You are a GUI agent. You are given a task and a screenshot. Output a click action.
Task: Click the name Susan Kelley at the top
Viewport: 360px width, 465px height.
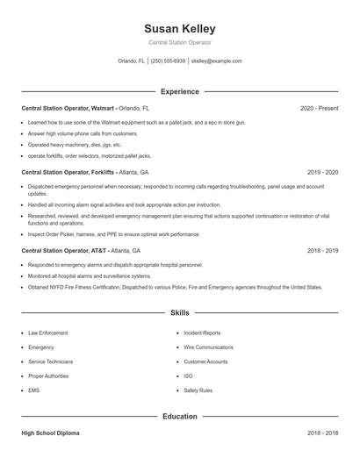tap(179, 29)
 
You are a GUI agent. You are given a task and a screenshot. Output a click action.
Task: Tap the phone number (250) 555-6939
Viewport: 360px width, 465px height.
tap(168, 61)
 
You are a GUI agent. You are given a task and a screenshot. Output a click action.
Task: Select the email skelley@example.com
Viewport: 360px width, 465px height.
tap(216, 61)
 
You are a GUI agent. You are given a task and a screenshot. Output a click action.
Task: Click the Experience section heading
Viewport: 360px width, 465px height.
tap(179, 91)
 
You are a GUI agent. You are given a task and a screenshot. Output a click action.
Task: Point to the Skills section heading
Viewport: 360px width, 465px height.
tap(179, 312)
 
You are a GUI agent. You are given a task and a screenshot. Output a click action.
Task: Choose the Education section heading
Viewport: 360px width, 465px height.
tap(179, 416)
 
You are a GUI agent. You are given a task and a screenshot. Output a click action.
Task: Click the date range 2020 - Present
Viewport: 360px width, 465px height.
tap(319, 108)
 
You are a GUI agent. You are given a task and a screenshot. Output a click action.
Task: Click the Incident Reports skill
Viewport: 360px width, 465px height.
tap(202, 333)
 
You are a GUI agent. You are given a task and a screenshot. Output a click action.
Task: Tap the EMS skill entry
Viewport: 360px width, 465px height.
tap(34, 390)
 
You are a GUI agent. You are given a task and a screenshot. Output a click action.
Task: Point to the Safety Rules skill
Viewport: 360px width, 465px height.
tap(198, 390)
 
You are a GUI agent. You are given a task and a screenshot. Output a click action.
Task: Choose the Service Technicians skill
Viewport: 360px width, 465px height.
tap(50, 361)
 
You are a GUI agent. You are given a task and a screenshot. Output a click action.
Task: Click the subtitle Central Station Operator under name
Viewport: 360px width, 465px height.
tap(179, 42)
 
